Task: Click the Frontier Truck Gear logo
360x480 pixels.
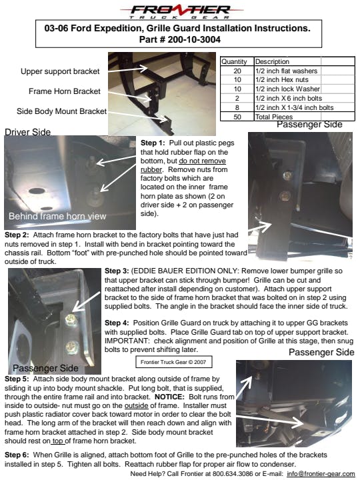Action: (181, 11)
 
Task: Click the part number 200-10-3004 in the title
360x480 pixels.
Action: (194, 39)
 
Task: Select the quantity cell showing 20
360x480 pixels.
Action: (237, 71)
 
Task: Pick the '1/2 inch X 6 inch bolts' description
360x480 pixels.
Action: (289, 98)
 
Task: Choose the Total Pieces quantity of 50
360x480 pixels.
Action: (237, 117)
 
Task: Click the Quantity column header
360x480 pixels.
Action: (234, 61)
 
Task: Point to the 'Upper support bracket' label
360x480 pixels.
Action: (60, 71)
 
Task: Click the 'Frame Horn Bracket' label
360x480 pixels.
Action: (65, 91)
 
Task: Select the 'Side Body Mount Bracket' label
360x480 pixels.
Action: (61, 111)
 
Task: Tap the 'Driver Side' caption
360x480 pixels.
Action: (27, 132)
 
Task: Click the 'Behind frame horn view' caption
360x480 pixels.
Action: (57, 216)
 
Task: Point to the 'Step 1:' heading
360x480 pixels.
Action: (153, 143)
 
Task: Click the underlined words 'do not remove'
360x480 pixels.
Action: (203, 161)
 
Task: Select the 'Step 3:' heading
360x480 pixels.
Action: (117, 271)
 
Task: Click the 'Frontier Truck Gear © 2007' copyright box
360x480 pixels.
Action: (173, 362)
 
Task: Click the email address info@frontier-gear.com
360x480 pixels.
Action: (321, 474)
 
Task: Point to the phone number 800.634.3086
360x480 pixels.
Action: (233, 474)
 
